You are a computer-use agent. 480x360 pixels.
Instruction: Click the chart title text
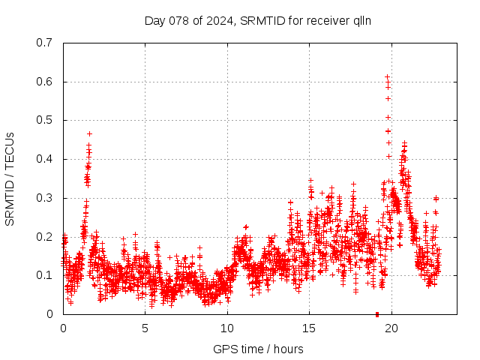point(259,20)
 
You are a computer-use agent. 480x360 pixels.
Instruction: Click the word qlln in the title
point(363,20)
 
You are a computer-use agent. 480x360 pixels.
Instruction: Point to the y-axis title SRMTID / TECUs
point(10,178)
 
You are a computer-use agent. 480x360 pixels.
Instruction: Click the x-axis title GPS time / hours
point(259,349)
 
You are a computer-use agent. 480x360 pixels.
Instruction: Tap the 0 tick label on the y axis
point(49,314)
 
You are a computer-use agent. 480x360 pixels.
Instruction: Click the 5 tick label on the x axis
point(145,328)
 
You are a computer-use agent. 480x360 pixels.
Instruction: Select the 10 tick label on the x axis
point(227,328)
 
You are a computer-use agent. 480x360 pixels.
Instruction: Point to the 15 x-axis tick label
point(309,328)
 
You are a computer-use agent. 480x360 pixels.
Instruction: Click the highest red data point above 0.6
point(387,76)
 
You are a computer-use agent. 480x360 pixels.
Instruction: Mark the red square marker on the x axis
point(377,314)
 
